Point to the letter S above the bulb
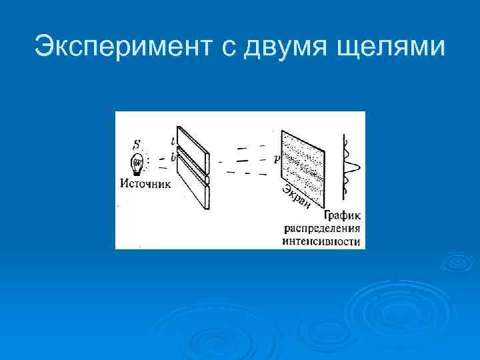point(137,144)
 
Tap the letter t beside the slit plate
point(173,141)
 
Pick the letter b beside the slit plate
point(173,157)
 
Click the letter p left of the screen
point(276,160)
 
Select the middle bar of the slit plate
point(193,171)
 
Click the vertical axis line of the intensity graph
point(345,167)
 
